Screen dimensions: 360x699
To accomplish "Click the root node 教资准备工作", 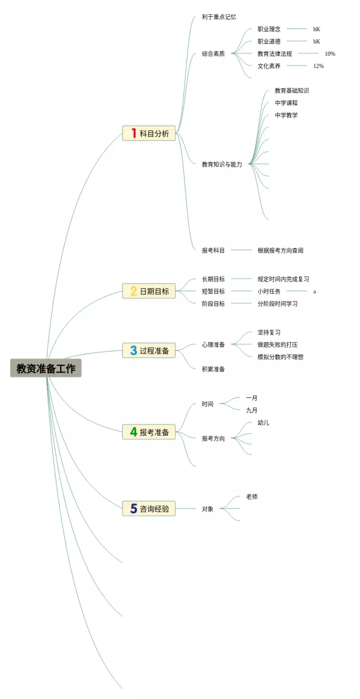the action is click(46, 368).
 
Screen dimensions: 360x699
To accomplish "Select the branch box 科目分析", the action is click(149, 133).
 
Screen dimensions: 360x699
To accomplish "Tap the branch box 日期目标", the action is click(149, 291).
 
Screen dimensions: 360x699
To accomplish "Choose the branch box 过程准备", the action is click(149, 350).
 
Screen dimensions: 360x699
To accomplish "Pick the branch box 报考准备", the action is click(149, 432).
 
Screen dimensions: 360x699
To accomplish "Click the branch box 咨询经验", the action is click(149, 509).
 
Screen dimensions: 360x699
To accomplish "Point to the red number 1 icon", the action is click(134, 133).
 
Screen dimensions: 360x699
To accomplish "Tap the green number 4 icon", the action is click(134, 432).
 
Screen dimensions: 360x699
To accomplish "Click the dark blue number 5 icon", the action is click(134, 509).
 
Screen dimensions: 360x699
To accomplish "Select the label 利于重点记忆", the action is click(219, 17).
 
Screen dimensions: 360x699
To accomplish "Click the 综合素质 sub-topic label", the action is click(213, 54).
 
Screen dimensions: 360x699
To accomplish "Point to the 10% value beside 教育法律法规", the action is click(330, 54).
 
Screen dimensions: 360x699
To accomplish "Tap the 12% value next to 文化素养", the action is click(318, 66).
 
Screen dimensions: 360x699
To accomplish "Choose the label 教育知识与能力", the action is click(222, 164).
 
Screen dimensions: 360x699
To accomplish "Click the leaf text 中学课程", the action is click(286, 103).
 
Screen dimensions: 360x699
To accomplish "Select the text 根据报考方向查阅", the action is click(280, 250).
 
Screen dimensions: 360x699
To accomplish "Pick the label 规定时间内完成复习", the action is click(283, 279).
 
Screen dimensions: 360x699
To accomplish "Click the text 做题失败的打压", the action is click(277, 344).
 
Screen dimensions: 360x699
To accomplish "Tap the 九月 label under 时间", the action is click(251, 410).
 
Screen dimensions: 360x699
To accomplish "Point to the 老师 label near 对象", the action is click(251, 497).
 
